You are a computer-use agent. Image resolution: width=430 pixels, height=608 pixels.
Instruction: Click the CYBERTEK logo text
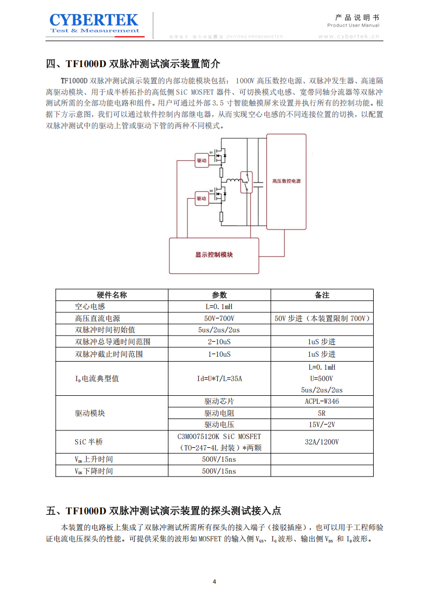[x=94, y=21]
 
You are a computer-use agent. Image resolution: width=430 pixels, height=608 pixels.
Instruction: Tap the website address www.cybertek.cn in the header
[x=348, y=37]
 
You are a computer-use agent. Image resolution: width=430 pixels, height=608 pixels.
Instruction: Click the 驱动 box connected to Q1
[x=201, y=160]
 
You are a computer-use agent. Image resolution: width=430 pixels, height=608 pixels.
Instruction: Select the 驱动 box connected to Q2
[x=201, y=199]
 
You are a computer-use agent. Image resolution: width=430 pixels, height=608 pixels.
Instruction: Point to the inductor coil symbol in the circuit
[x=233, y=180]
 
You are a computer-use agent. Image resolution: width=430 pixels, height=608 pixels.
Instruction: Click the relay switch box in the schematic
[x=247, y=182]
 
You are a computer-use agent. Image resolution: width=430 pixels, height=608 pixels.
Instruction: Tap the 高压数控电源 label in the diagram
[x=286, y=181]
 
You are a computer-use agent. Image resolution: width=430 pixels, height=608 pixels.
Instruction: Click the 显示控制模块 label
[x=214, y=254]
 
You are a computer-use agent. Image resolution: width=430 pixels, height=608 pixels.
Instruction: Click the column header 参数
[x=219, y=295]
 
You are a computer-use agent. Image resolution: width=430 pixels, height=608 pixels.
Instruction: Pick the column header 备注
[x=322, y=295]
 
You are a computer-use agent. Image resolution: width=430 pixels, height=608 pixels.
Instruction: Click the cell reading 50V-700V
[x=219, y=318]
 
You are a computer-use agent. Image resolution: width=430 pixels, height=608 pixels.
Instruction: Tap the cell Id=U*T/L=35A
[x=219, y=378]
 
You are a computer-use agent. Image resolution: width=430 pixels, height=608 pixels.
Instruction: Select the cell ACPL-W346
[x=322, y=402]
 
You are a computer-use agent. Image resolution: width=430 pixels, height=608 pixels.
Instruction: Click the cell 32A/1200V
[x=322, y=442]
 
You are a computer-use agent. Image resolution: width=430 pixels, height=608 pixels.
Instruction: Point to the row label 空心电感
[x=90, y=307]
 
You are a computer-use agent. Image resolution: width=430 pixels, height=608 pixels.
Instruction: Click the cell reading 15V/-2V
[x=322, y=424]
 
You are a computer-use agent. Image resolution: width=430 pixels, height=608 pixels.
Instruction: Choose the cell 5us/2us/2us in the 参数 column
[x=219, y=330]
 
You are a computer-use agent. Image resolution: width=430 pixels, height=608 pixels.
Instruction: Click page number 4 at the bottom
[x=214, y=582]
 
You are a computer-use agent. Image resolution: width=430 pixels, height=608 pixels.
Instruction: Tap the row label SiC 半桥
[x=89, y=442]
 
